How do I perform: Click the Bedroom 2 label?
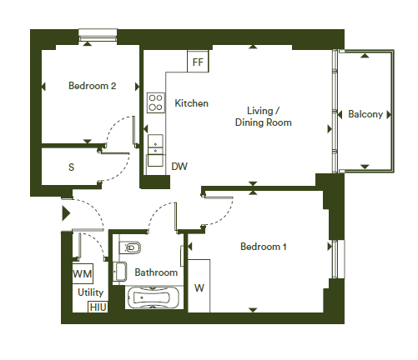92,86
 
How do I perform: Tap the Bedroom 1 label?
263,247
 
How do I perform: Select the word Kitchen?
191,103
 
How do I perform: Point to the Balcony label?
365,114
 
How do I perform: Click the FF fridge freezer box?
198,62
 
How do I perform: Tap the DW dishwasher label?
179,167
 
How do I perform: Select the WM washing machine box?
83,273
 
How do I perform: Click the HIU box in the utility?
98,307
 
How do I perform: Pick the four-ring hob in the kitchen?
156,102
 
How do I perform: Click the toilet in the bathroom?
130,247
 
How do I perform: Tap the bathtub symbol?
154,297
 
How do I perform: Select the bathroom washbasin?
120,272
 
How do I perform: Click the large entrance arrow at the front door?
66,213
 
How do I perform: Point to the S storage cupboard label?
71,167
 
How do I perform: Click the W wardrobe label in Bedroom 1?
199,288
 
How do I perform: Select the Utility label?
90,292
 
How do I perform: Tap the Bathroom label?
156,272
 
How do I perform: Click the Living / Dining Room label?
263,117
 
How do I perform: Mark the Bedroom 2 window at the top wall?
98,36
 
